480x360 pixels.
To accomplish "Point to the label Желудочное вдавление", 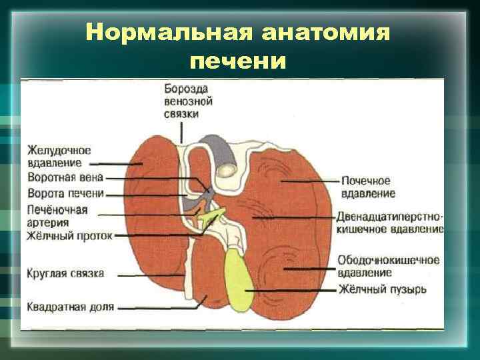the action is (x=59, y=156).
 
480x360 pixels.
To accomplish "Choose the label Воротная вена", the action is (x=65, y=179).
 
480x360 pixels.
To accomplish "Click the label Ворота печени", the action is (x=66, y=193).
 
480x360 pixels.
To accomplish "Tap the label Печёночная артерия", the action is (x=57, y=217).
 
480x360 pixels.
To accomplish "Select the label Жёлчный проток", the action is (x=69, y=235).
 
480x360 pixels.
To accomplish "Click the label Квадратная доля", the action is (x=71, y=307).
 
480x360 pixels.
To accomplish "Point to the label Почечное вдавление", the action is (x=367, y=187).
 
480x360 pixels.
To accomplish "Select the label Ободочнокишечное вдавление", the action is (x=388, y=266).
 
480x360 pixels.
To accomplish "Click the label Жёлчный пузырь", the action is (x=382, y=290).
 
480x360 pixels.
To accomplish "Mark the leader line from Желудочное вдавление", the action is (x=113, y=163).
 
